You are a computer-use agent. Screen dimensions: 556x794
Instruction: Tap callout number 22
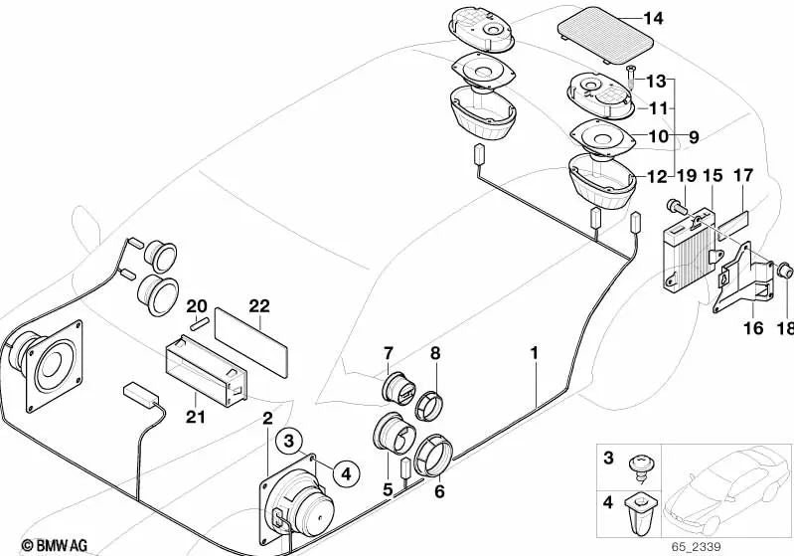259,306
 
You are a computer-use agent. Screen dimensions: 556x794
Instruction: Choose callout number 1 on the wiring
535,353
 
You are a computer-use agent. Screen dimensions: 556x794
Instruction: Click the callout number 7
389,353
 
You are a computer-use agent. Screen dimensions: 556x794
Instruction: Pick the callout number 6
437,489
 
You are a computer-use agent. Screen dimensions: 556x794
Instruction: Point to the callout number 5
389,488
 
